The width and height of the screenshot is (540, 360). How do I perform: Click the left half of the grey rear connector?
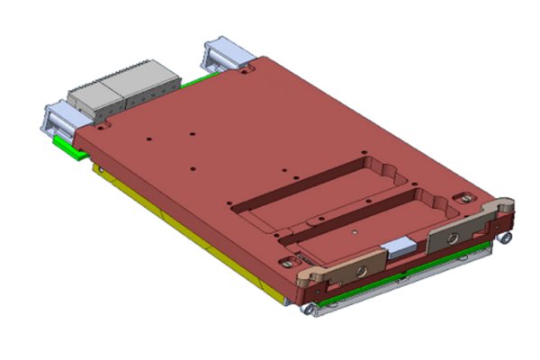(x=90, y=92)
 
